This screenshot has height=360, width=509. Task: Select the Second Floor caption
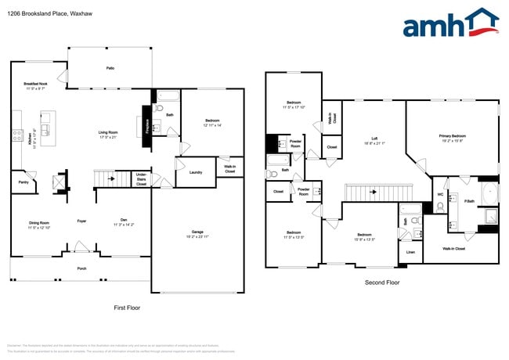(383, 282)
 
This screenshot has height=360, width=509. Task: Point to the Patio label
(110, 68)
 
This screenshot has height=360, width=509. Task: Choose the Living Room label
(107, 132)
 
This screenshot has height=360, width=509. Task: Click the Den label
(123, 221)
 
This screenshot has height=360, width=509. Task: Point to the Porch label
(81, 268)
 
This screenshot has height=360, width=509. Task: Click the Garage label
(197, 232)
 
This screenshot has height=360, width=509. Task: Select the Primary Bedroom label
(454, 136)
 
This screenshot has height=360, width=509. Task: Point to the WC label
(440, 194)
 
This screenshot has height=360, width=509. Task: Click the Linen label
(410, 252)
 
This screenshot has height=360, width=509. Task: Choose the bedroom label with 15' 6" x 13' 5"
(364, 236)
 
